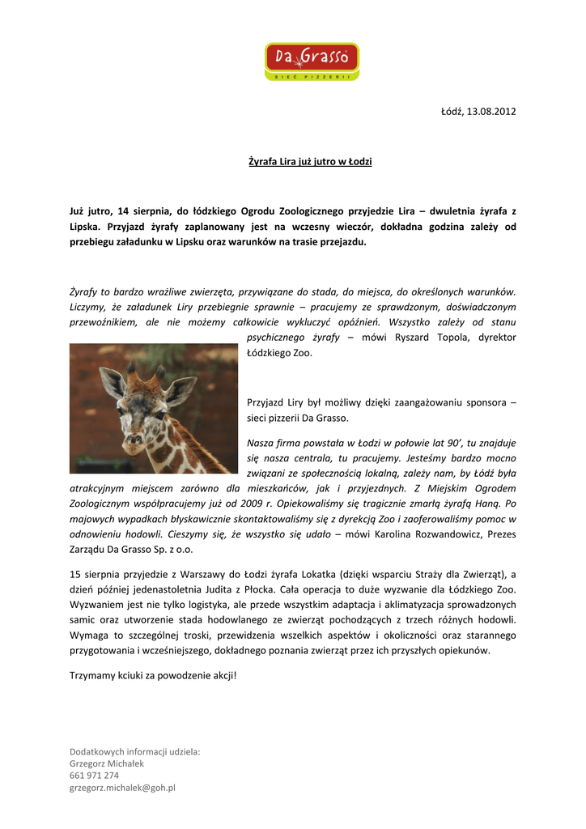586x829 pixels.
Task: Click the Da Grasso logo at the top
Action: pyautogui.click(x=312, y=62)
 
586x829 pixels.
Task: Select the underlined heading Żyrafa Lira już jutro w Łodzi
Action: pyautogui.click(x=309, y=162)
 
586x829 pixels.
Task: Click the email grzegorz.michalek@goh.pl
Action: pyautogui.click(x=122, y=787)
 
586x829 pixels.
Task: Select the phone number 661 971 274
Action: pyautogui.click(x=94, y=775)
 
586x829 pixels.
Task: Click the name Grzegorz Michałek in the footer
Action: pyautogui.click(x=107, y=763)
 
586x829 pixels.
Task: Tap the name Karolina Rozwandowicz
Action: pyautogui.click(x=431, y=534)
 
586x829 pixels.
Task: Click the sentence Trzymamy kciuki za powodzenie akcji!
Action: pyautogui.click(x=153, y=675)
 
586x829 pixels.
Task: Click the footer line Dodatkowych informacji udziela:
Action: pyautogui.click(x=134, y=751)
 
